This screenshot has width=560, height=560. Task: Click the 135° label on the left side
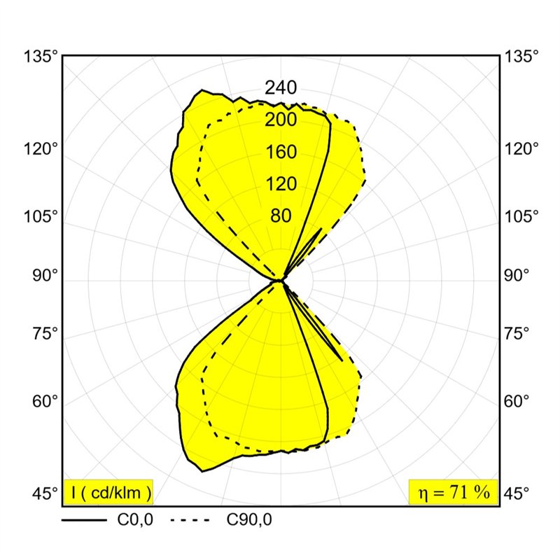(x=41, y=57)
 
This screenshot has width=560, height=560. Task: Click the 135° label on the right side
(x=521, y=57)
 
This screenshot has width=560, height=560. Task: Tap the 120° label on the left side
(x=41, y=148)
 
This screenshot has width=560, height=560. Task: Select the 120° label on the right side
(x=521, y=148)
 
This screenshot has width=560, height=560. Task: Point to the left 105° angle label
(x=41, y=216)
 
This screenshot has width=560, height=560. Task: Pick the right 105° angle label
(x=521, y=216)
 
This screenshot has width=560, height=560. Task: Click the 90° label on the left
(x=45, y=275)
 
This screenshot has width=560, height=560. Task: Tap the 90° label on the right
(x=517, y=275)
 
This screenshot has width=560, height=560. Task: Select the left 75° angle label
(x=45, y=334)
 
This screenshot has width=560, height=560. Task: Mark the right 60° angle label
(x=517, y=401)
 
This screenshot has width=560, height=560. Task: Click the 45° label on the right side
(x=517, y=493)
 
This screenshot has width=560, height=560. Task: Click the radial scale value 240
(x=281, y=87)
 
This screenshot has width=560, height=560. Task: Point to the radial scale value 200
(x=281, y=120)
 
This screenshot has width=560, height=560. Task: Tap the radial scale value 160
(x=281, y=152)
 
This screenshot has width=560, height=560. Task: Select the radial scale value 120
(x=281, y=184)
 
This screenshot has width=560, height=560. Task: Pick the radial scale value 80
(x=281, y=216)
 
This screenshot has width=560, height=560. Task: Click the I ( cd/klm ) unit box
(x=108, y=492)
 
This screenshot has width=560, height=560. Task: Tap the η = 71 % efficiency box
(x=453, y=492)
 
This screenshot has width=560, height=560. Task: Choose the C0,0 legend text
(x=135, y=520)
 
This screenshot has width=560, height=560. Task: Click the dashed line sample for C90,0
(x=190, y=520)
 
